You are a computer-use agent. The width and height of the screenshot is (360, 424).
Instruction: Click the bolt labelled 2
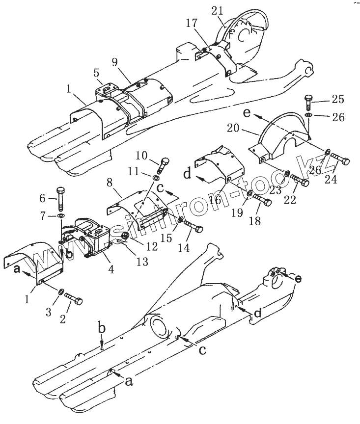[75, 299]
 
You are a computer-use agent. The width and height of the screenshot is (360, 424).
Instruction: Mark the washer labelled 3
[60, 292]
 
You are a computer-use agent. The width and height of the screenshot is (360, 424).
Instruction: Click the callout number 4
[111, 269]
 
